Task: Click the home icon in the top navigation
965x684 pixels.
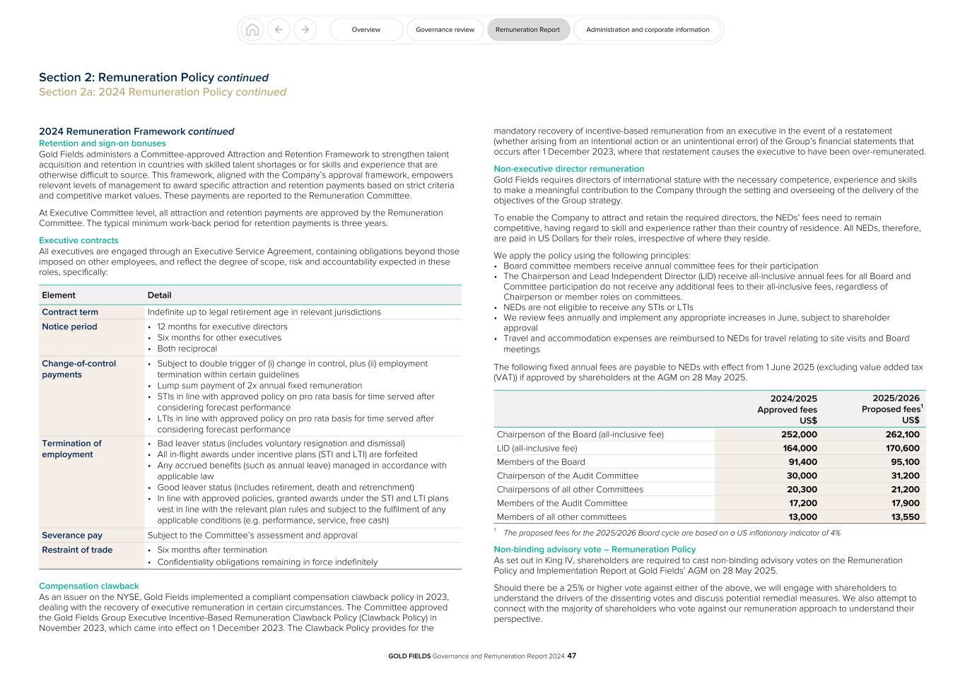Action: (x=252, y=30)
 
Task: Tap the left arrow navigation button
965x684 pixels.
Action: (x=279, y=30)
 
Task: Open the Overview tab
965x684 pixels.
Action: (x=366, y=30)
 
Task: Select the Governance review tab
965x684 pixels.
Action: (x=445, y=30)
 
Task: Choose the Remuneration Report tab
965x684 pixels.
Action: (x=527, y=30)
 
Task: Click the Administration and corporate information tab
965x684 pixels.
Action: (x=647, y=30)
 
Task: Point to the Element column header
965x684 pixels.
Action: (x=59, y=295)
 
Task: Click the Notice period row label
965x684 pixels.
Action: (x=69, y=326)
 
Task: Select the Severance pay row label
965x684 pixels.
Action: (x=72, y=536)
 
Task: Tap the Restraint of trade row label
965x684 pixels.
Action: (x=77, y=550)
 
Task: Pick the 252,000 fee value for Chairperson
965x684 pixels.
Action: (x=797, y=435)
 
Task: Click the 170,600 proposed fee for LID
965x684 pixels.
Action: (x=902, y=448)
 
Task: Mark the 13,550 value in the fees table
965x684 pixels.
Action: (x=904, y=517)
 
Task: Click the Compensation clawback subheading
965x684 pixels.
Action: (x=89, y=586)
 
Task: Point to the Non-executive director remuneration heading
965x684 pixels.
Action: (x=568, y=169)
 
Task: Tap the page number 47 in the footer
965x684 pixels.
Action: (x=572, y=656)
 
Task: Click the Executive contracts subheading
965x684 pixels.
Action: (x=78, y=240)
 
